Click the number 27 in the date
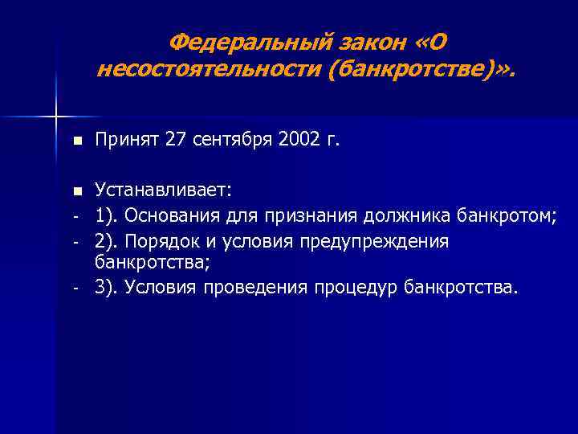pyautogui.click(x=174, y=141)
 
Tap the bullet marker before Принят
pyautogui.click(x=76, y=142)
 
